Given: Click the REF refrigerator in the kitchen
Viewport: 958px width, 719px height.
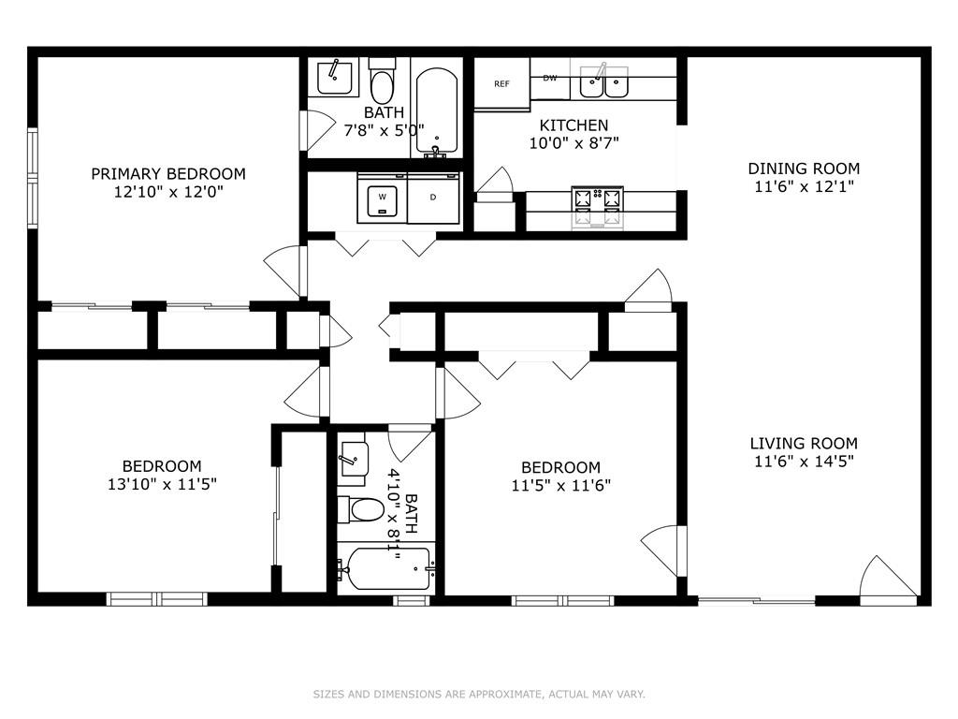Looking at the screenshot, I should coord(501,84).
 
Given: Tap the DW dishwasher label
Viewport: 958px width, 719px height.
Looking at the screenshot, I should coord(550,79).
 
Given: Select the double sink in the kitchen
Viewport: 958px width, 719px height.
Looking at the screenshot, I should coord(603,84).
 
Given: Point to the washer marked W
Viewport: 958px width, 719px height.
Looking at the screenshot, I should coord(382,198).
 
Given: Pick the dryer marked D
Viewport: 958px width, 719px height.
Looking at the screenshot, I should coord(434,198).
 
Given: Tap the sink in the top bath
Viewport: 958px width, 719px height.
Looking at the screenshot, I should coord(337,76).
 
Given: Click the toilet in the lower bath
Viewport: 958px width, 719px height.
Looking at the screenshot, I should coord(362,510).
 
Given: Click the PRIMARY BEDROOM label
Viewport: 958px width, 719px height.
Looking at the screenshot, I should coord(168,174).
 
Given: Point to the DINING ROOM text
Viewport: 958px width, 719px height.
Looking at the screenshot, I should coord(803,169).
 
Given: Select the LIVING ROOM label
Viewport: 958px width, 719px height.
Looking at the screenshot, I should coord(803,444).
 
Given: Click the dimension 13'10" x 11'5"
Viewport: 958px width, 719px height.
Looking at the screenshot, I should coord(161,484).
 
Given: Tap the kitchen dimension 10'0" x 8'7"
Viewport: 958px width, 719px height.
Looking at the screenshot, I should coord(573,142).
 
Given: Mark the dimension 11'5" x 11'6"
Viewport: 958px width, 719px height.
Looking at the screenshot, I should coord(560,486).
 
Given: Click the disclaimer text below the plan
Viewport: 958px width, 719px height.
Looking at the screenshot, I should coord(479,694).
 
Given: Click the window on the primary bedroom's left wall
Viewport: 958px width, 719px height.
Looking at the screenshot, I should coord(32,178).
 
